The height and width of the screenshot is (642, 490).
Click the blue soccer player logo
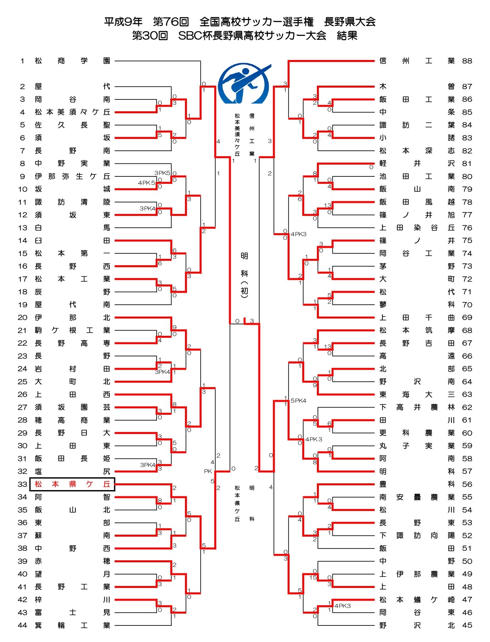point(244,84)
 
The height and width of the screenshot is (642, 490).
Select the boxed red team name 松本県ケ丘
point(72,484)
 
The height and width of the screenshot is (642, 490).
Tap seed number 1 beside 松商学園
point(23,61)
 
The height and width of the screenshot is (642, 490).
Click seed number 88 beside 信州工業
point(467,61)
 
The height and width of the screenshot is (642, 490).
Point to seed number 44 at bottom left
point(23,625)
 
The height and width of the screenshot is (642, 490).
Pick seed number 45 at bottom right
point(467,625)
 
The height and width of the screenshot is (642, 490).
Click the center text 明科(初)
point(245,274)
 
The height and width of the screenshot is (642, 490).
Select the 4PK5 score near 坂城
point(146,183)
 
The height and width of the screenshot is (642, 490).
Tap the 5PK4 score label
point(298,401)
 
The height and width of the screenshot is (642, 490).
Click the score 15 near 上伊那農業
point(313,577)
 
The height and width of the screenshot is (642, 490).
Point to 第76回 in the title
point(171,22)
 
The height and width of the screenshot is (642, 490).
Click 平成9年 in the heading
point(123,22)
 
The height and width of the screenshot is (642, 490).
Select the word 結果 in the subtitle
point(347,36)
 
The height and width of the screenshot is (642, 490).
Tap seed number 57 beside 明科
point(467,472)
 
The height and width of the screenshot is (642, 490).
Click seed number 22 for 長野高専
point(23,343)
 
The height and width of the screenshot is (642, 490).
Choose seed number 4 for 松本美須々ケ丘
point(23,112)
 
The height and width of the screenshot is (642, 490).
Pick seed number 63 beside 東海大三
point(467,395)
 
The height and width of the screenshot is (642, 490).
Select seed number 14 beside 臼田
point(23,241)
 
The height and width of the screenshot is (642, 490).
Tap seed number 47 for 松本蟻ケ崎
point(467,600)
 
